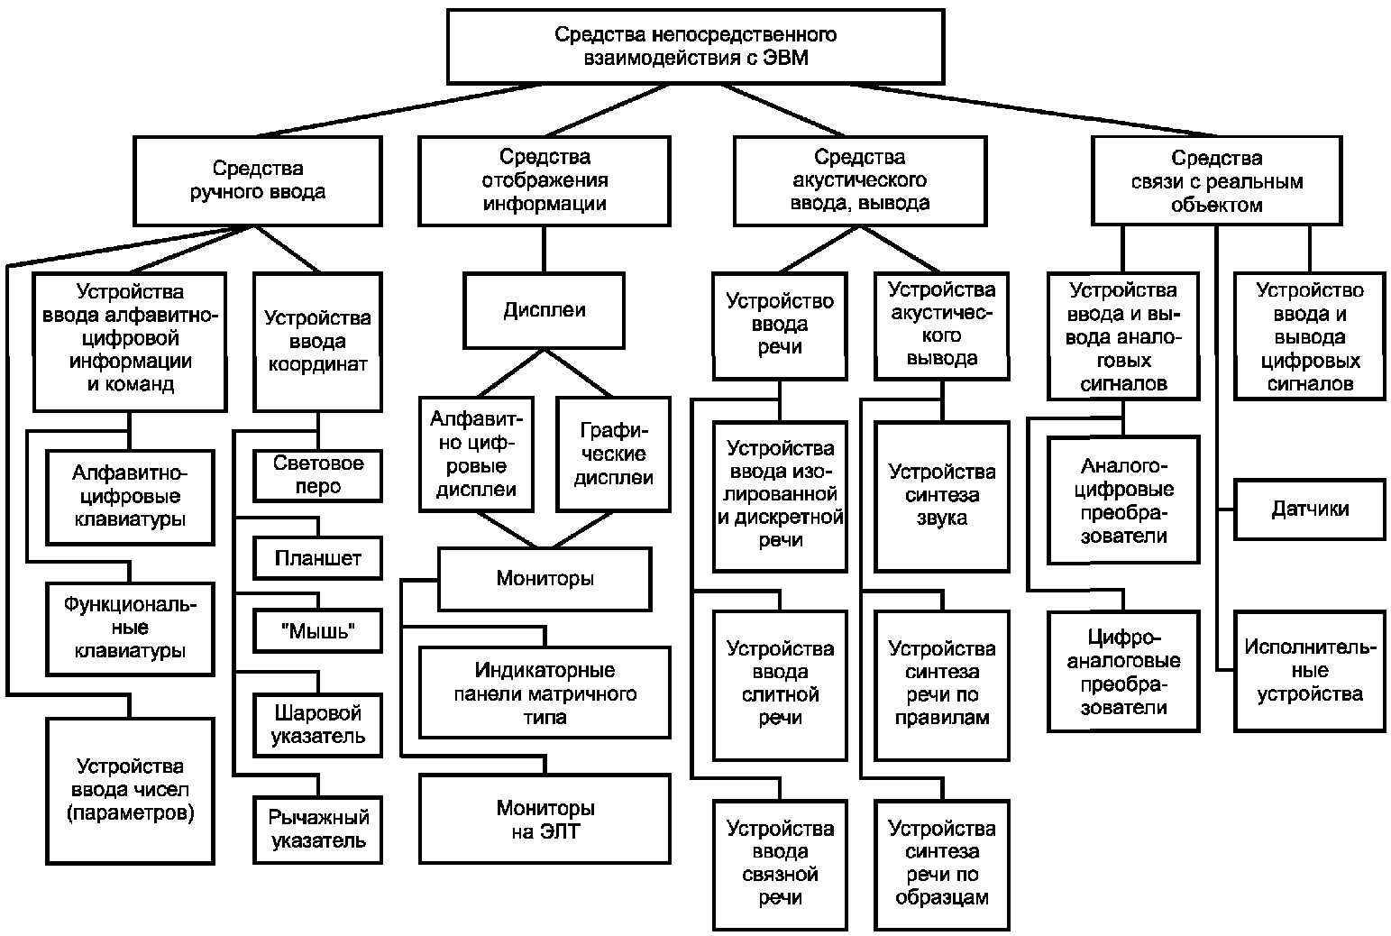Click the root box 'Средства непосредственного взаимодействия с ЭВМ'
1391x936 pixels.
pyautogui.click(x=696, y=47)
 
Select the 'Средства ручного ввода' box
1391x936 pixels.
pyautogui.click(x=258, y=180)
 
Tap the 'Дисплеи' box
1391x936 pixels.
pyautogui.click(x=544, y=310)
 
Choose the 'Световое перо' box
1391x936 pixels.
pyautogui.click(x=318, y=475)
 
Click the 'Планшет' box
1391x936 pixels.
pyautogui.click(x=318, y=558)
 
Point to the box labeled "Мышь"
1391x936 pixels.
pyautogui.click(x=318, y=630)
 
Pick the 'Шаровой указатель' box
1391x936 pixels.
pyautogui.click(x=318, y=724)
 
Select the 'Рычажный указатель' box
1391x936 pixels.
pyautogui.click(x=318, y=829)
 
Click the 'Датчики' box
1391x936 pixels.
pyautogui.click(x=1310, y=509)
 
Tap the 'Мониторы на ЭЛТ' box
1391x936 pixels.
pyautogui.click(x=545, y=819)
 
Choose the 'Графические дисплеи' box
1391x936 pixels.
pyautogui.click(x=614, y=454)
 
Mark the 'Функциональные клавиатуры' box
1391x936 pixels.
pyautogui.click(x=130, y=629)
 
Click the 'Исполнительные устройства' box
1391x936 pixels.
pyautogui.click(x=1310, y=671)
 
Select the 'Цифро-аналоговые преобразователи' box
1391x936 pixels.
pyautogui.click(x=1123, y=672)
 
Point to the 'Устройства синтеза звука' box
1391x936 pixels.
pyautogui.click(x=942, y=496)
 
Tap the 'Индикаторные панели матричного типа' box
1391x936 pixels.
pyautogui.click(x=545, y=693)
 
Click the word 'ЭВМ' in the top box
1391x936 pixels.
pyautogui.click(x=785, y=58)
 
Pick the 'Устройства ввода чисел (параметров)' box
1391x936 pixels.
pyautogui.click(x=130, y=791)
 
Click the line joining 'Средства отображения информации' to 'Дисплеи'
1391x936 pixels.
pyautogui.click(x=544, y=249)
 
